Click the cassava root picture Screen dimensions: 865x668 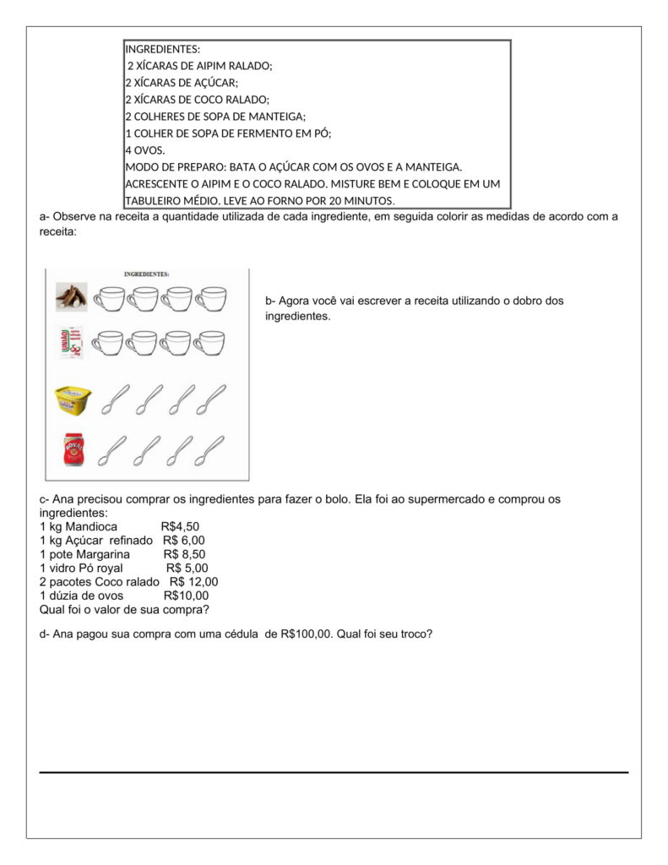pos(72,297)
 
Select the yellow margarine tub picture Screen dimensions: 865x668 pos(73,400)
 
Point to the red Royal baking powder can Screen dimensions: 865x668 pos(73,449)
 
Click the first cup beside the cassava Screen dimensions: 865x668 pos(108,297)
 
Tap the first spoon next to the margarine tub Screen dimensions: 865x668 pos(114,400)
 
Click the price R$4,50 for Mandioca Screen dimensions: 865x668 pos(180,527)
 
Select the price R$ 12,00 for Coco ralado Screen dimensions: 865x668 pos(193,581)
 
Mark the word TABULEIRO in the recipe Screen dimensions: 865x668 pos(154,200)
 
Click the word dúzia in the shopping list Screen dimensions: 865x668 pos(64,595)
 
